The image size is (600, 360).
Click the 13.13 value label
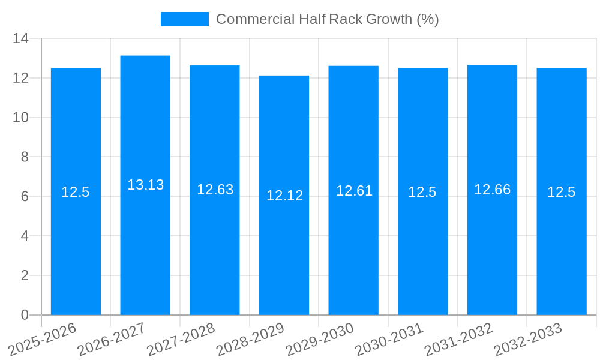[x=145, y=185]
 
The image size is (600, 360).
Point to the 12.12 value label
[x=284, y=196]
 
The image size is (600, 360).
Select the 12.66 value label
[x=492, y=190]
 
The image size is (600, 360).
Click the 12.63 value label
[x=215, y=190]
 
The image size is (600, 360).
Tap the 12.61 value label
[x=354, y=191]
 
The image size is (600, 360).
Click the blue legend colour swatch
[x=184, y=19]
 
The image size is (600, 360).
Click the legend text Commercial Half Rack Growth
[x=327, y=19]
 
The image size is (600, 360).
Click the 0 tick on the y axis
[x=25, y=315]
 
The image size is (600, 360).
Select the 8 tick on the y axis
[x=25, y=157]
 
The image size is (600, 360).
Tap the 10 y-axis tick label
[x=21, y=118]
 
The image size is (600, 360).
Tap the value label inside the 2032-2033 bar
[x=561, y=192]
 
